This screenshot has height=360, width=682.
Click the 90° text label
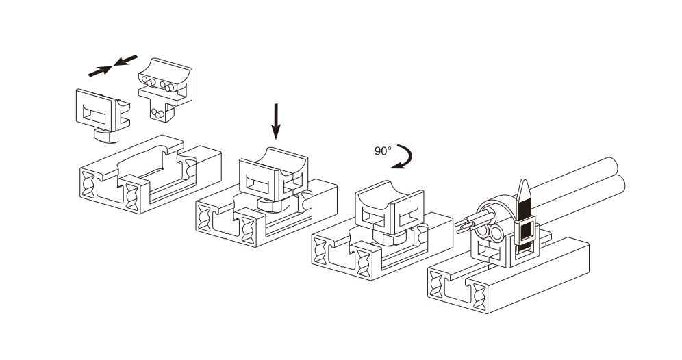(x=383, y=151)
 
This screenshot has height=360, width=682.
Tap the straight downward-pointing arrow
(x=276, y=121)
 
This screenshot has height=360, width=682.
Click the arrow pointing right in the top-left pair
(x=100, y=71)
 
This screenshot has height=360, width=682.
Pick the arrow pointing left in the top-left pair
(x=126, y=60)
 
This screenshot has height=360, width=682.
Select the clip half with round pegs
(x=166, y=90)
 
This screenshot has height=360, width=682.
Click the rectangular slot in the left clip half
(x=94, y=114)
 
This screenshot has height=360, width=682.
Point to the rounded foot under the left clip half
(x=106, y=136)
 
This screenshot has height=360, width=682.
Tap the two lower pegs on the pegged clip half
(x=157, y=114)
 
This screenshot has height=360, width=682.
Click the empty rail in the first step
(x=151, y=174)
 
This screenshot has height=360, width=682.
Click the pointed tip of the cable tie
(x=524, y=181)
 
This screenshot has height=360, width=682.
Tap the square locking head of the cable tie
(x=526, y=231)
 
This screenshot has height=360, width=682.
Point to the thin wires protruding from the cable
(x=469, y=221)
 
